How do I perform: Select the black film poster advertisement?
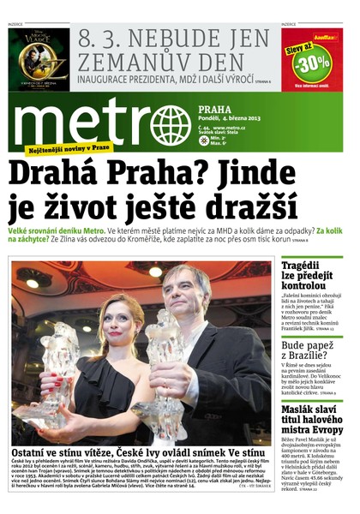tap(39, 59)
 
